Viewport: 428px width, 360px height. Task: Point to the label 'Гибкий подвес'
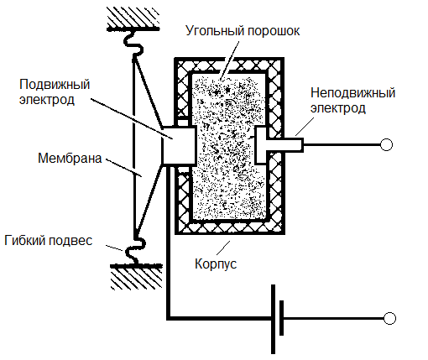(x=57, y=239)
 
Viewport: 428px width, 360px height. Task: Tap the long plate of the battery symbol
(x=274, y=319)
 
